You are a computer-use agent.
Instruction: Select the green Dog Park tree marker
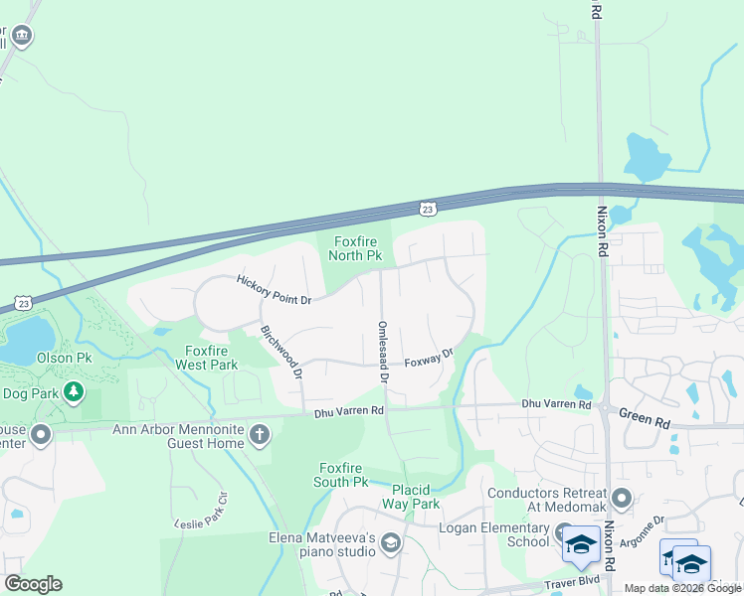(x=73, y=392)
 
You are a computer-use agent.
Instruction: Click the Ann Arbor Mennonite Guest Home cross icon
(x=260, y=433)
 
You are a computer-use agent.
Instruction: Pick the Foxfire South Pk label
(x=343, y=475)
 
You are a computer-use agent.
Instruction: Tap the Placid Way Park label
(x=410, y=497)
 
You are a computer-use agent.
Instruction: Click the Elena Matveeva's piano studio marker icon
(x=391, y=541)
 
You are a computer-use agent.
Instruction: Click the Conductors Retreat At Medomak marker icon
(x=622, y=498)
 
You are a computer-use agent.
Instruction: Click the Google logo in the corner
(x=33, y=584)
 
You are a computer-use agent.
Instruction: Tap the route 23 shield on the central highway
(x=427, y=209)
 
